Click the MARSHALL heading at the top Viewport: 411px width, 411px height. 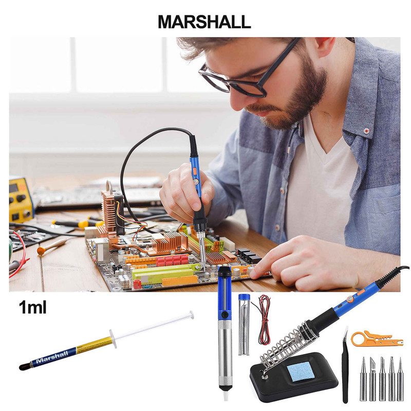[204, 22]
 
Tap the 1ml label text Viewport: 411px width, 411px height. [33, 307]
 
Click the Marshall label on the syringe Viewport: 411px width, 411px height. [52, 356]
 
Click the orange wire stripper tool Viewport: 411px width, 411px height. [377, 339]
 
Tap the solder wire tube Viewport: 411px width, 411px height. [244, 325]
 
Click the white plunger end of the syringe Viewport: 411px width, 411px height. [192, 315]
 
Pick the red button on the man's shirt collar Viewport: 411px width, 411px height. [366, 130]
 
